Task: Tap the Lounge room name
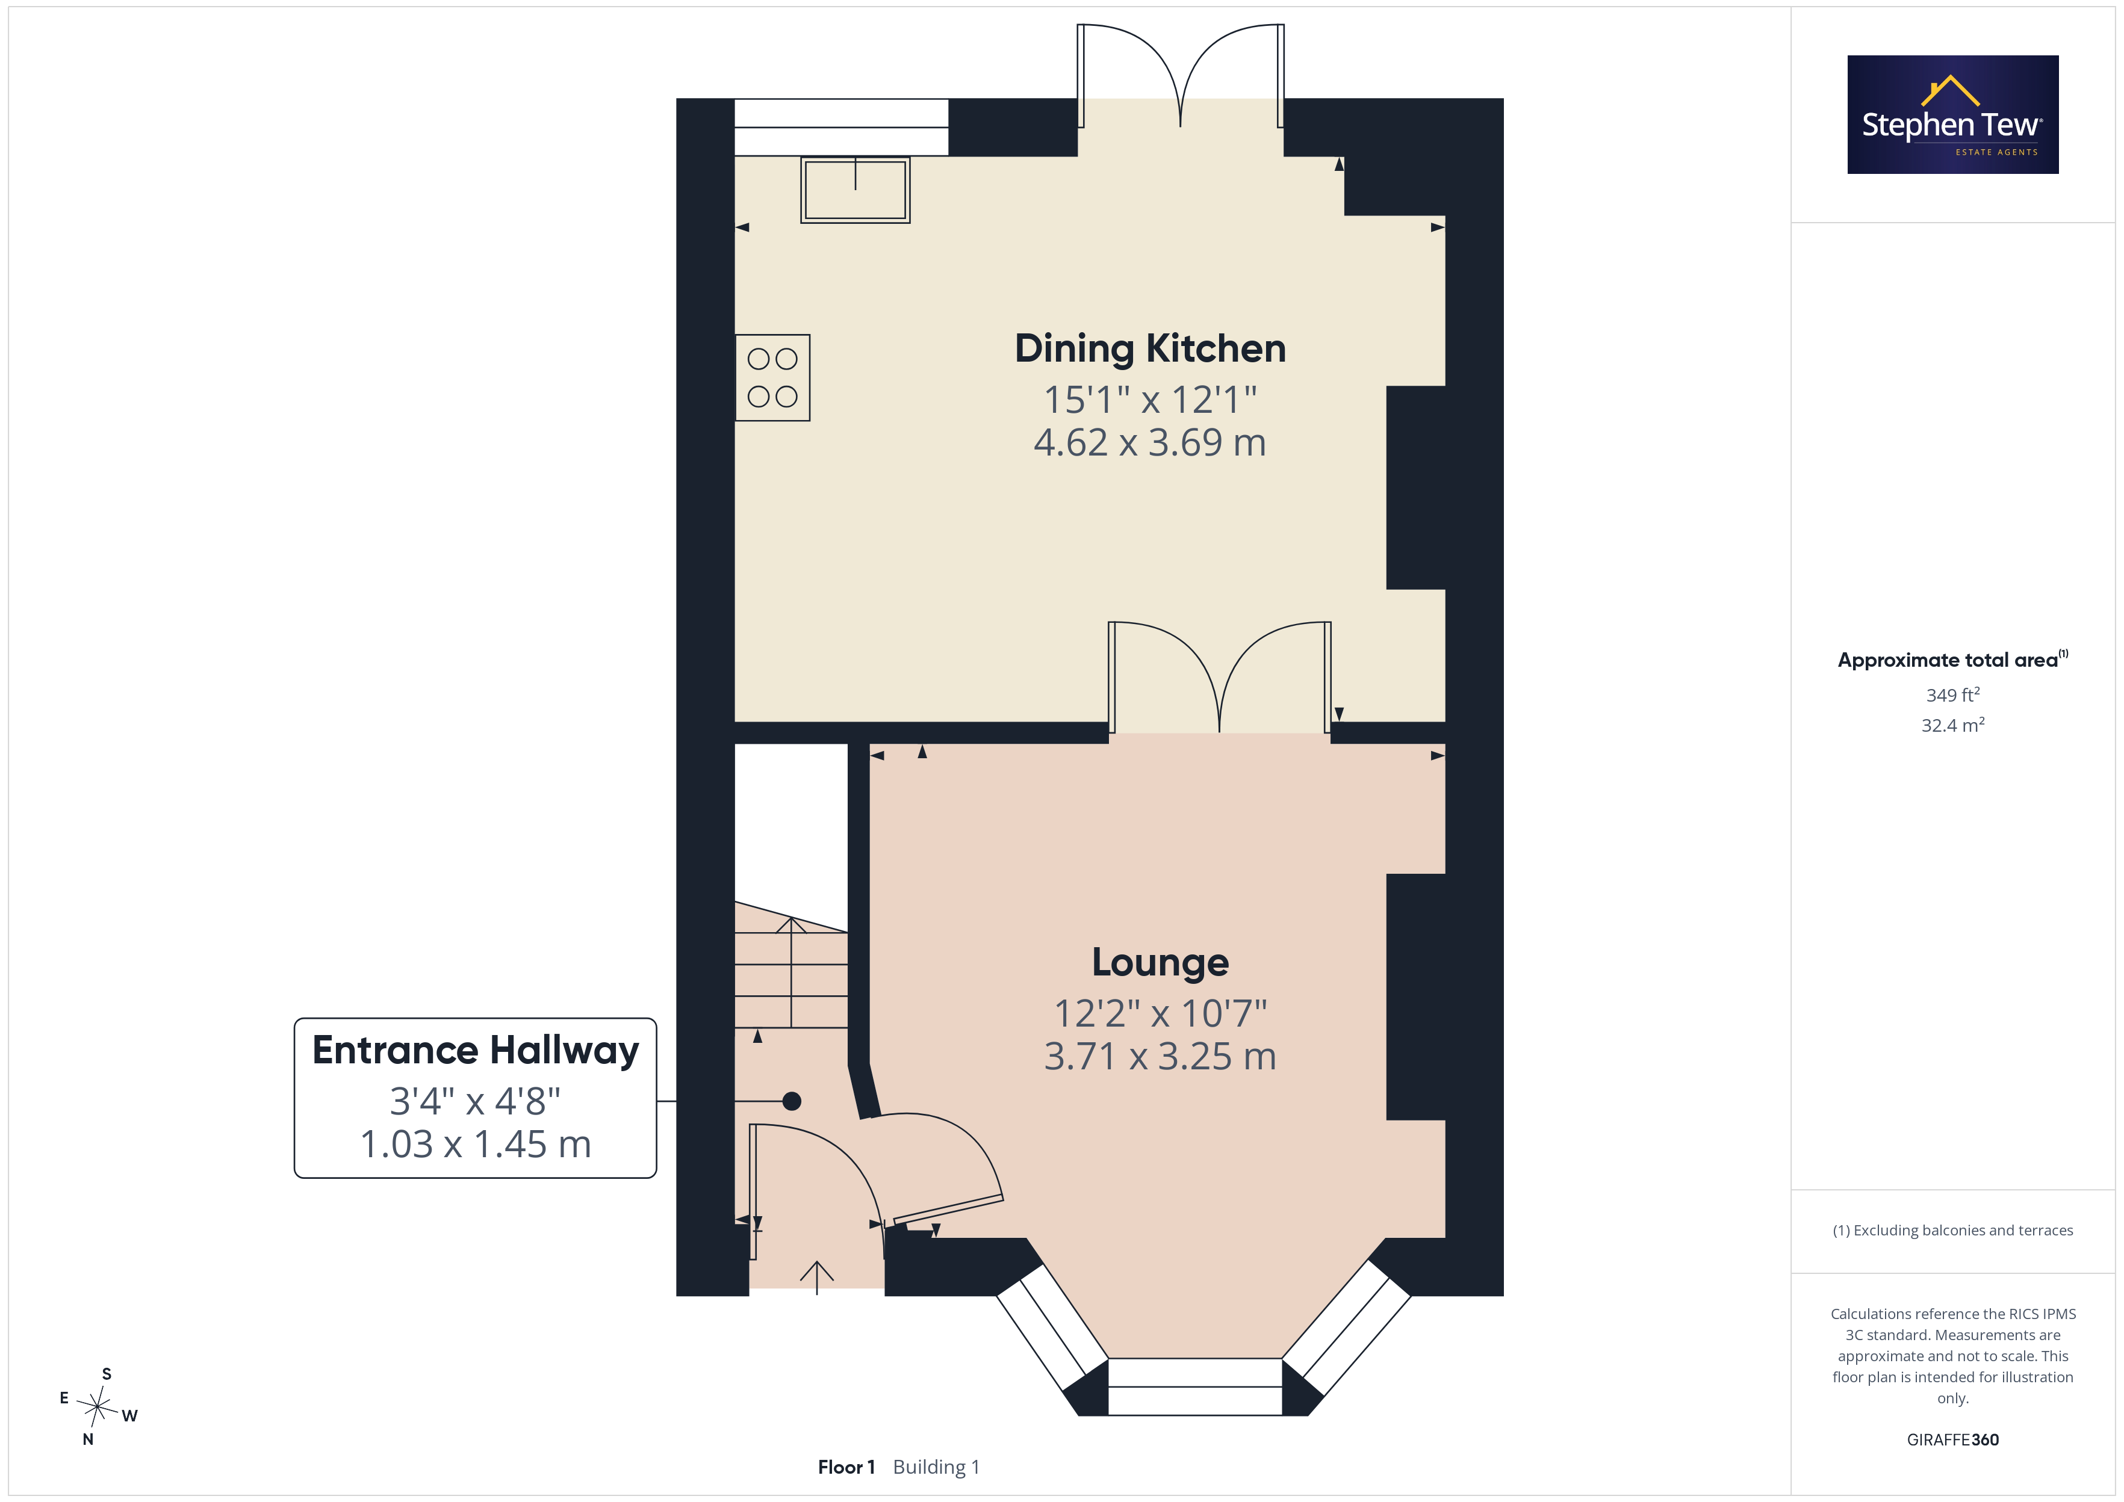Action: pos(1160,963)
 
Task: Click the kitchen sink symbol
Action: pos(855,190)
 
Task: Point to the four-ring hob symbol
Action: pos(772,377)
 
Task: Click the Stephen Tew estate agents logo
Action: pos(1953,115)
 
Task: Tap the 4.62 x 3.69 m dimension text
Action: pos(1150,443)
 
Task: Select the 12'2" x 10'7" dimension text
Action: pos(1160,1013)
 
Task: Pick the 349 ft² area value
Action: pos(1953,694)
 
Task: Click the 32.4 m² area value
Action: pos(1953,725)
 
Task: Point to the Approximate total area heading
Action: pos(1953,660)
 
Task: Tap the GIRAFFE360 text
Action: pos(1953,1440)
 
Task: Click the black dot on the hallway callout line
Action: pos(792,1101)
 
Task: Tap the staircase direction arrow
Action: pos(791,971)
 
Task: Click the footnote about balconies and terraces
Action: pos(1953,1230)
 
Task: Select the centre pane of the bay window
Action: pos(1194,1386)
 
